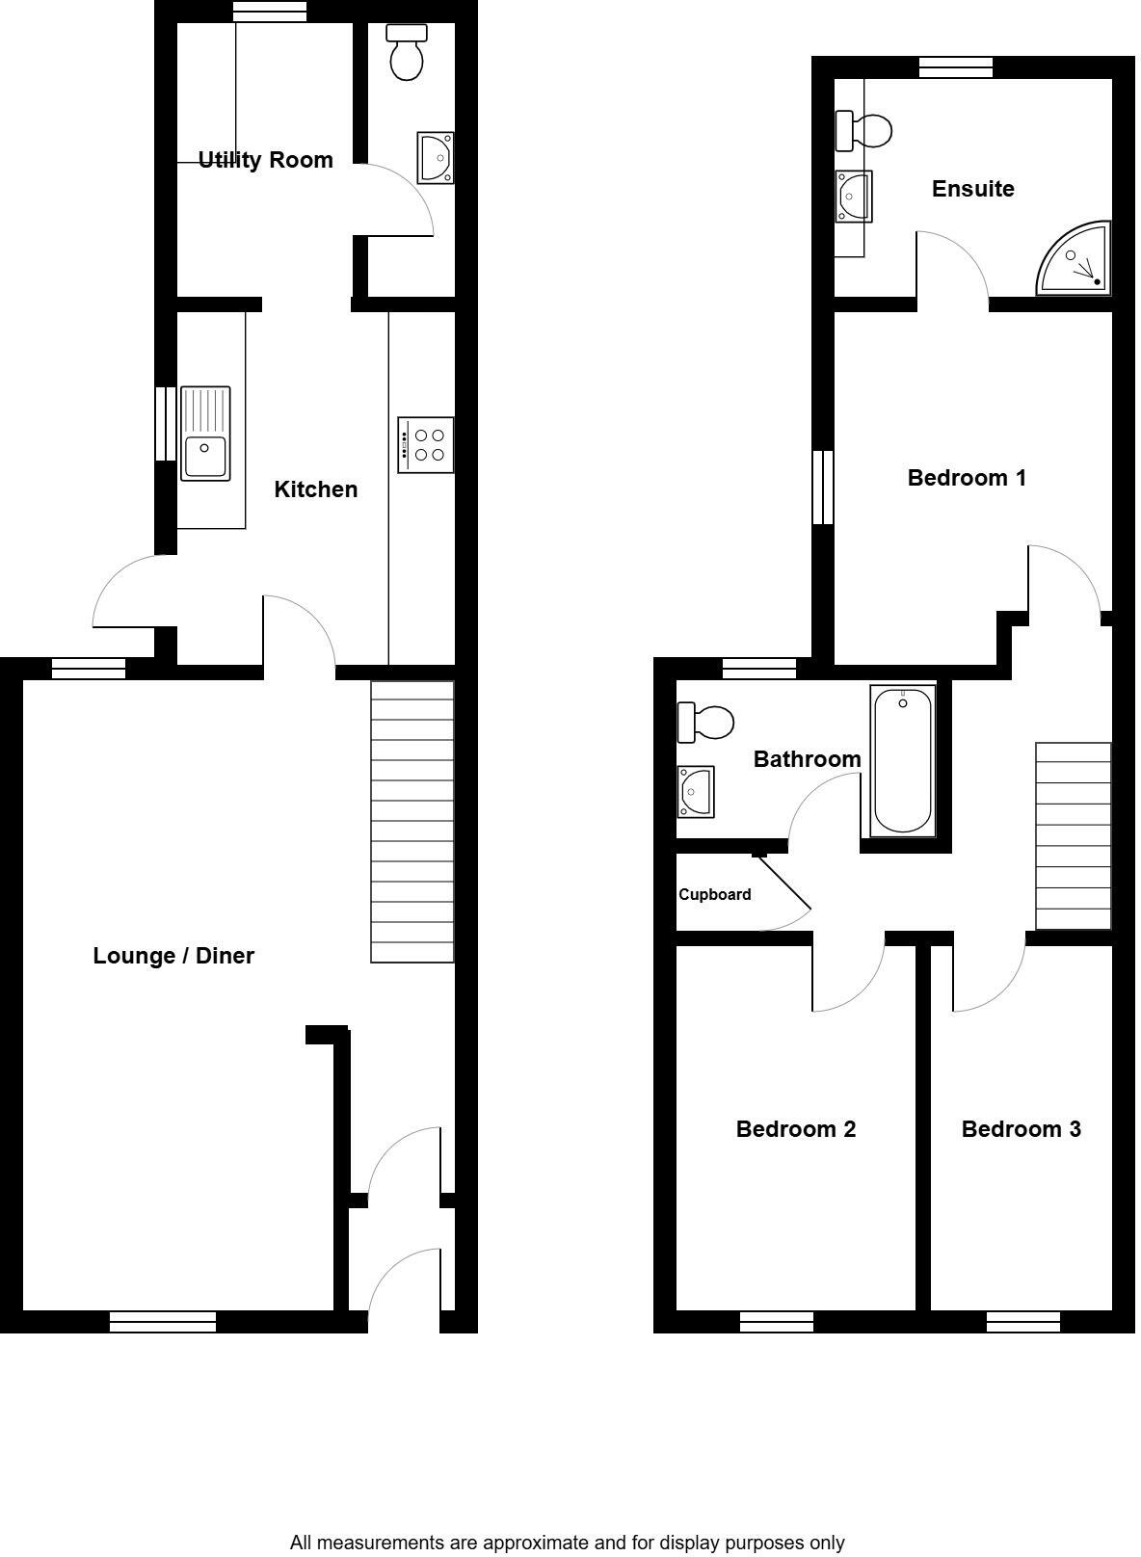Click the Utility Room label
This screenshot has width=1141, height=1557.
coord(265,160)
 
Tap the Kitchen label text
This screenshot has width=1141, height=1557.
coord(315,489)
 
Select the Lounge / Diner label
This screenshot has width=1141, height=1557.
coord(173,956)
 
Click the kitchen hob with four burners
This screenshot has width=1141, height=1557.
coord(426,445)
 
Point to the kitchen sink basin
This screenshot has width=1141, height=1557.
coord(205,457)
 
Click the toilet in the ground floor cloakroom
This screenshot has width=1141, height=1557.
coord(407,53)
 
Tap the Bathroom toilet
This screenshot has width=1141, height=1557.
coord(705,722)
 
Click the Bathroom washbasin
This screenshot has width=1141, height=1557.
coord(695,791)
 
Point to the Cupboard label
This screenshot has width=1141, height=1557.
coord(714,894)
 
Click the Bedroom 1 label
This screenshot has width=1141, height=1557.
coord(967,478)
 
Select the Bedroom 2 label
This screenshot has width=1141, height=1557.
coord(795,1129)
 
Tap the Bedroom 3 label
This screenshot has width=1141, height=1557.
coord(1021,1129)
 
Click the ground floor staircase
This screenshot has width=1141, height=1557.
coord(412,821)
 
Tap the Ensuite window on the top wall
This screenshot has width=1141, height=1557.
coord(955,66)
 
